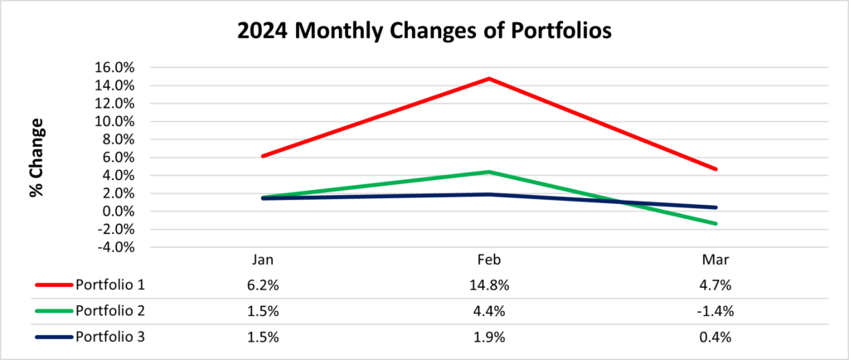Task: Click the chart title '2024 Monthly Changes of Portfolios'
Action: tap(425, 32)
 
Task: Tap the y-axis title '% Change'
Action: tap(36, 157)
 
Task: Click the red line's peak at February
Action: tap(490, 79)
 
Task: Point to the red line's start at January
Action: tap(262, 156)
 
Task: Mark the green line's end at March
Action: tap(716, 223)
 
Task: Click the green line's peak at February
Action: tap(490, 172)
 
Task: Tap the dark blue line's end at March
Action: tap(716, 207)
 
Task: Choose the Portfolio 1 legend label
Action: tap(109, 286)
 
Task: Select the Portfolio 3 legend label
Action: tap(109, 337)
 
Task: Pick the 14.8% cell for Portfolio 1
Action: tap(490, 286)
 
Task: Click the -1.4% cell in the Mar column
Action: tap(716, 312)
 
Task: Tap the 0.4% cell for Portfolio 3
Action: tap(716, 337)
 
